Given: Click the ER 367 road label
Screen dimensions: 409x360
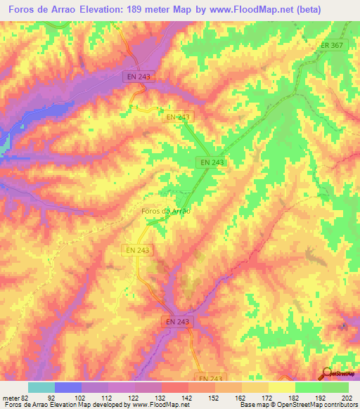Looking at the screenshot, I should [333, 46].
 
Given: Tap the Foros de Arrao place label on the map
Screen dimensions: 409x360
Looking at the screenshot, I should [167, 210].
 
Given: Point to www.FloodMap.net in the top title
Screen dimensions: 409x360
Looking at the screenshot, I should [244, 10].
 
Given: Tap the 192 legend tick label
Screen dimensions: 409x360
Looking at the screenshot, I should [322, 396].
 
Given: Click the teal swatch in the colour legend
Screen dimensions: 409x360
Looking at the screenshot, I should [41, 387].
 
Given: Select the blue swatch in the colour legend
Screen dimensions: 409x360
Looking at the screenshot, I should [67, 387].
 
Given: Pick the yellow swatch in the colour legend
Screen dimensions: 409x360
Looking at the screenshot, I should [281, 387].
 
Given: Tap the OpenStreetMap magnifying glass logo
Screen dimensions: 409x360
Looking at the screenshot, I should [326, 373].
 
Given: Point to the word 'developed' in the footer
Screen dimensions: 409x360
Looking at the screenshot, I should [110, 405].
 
